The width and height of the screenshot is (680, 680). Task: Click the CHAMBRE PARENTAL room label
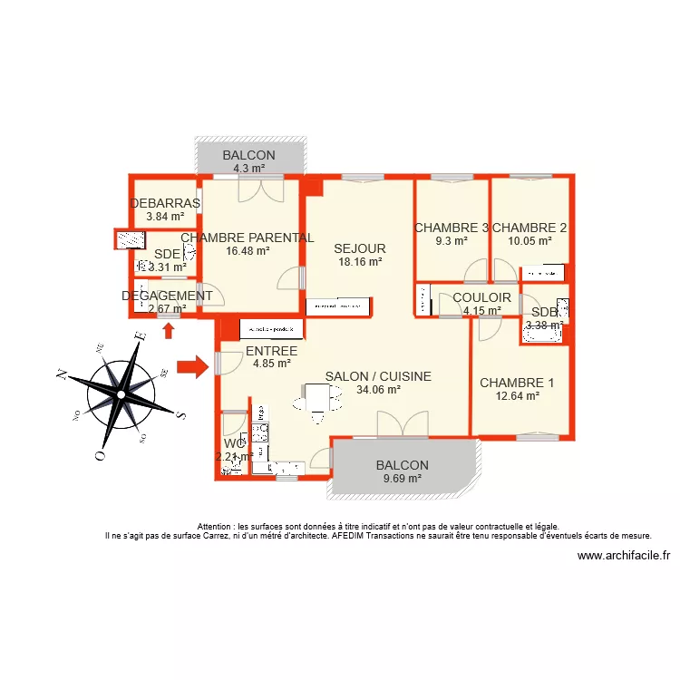(248, 238)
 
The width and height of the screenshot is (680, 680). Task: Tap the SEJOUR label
(360, 248)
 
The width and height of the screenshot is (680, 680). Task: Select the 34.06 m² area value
(379, 391)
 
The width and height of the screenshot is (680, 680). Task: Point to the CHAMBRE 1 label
(517, 383)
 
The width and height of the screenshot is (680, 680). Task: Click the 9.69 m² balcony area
(403, 479)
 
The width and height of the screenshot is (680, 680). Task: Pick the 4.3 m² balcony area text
(248, 169)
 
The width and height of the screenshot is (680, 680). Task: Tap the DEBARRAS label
(165, 203)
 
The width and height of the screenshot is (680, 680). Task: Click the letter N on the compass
(61, 374)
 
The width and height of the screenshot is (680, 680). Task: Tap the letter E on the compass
(140, 336)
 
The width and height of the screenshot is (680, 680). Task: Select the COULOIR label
(481, 297)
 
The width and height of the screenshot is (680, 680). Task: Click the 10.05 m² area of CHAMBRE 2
(529, 241)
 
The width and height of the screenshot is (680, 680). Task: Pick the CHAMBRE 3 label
(452, 228)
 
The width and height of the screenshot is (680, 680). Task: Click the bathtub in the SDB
(542, 335)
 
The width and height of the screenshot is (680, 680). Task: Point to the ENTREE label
(271, 351)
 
